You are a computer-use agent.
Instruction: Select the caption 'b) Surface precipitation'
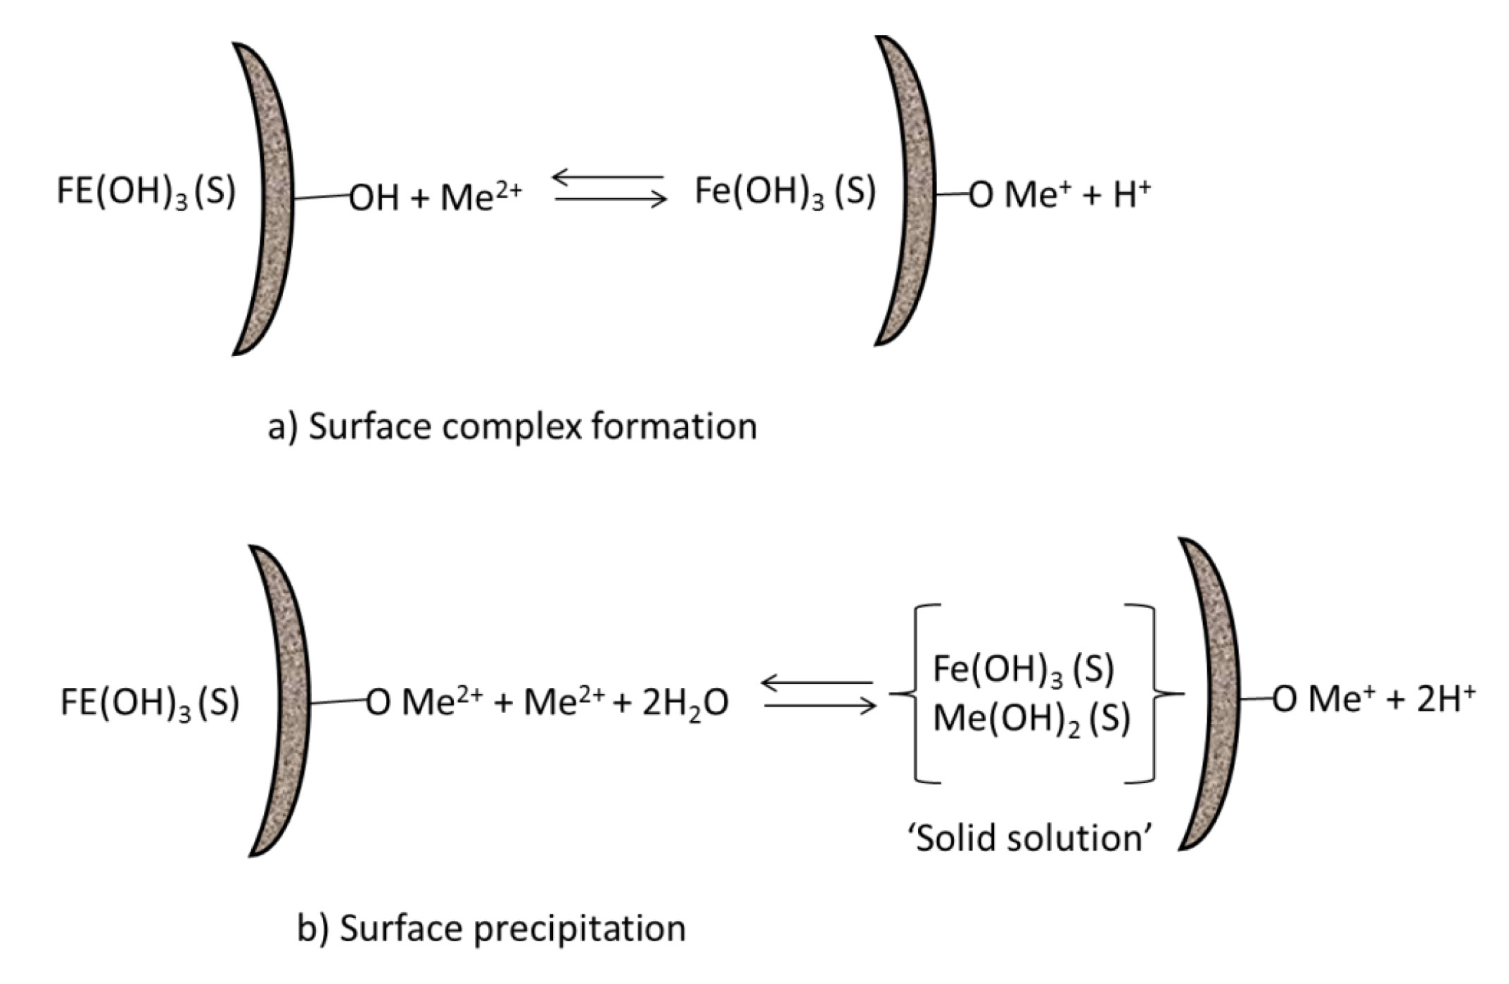[x=492, y=929]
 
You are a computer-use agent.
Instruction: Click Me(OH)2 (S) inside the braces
[x=1031, y=720]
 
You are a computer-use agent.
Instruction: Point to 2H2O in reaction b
[x=685, y=704]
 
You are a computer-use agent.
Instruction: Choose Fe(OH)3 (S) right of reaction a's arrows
[x=785, y=191]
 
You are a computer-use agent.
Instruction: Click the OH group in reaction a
[x=374, y=198]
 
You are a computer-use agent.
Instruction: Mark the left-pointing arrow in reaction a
[x=608, y=177]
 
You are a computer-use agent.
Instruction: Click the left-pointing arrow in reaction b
[x=817, y=683]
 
